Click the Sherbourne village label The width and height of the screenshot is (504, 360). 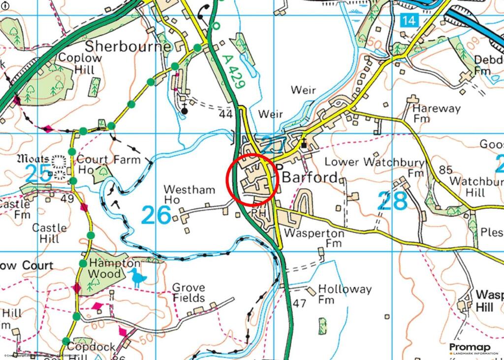[128, 47]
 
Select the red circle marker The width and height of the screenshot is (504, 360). [252, 179]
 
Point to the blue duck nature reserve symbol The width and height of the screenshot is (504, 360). [138, 278]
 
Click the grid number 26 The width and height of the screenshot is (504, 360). [156, 215]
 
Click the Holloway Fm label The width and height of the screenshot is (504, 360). [345, 294]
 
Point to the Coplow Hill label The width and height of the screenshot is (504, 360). [79, 64]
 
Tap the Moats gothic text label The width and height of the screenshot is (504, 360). [33, 159]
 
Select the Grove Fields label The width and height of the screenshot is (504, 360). [188, 293]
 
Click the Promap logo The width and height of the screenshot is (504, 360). [472, 349]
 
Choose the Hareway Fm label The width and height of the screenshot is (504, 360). [436, 113]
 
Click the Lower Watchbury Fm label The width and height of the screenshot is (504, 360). [375, 167]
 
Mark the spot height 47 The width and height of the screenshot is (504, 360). [299, 303]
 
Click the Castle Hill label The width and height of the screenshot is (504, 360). [49, 233]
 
